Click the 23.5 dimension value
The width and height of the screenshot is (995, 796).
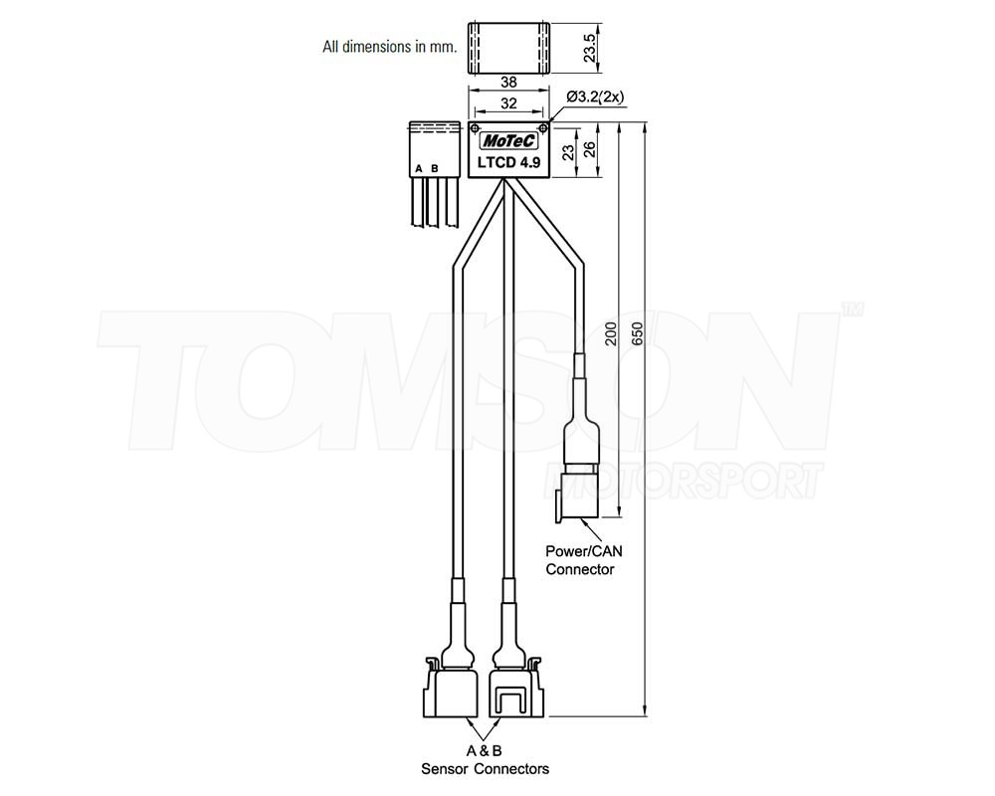tap(589, 49)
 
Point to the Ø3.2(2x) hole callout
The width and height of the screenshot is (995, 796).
tap(594, 97)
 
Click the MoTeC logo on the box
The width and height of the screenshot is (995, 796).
tap(507, 140)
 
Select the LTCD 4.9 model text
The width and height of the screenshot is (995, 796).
tap(508, 162)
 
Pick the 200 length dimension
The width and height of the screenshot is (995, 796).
tap(611, 333)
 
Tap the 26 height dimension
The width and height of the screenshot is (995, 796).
tap(590, 150)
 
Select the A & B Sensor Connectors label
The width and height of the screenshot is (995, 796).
tap(485, 759)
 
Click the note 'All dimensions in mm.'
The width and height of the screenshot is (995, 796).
tap(389, 46)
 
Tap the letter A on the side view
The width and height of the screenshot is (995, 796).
tap(419, 168)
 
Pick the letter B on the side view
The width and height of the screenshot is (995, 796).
tap(434, 168)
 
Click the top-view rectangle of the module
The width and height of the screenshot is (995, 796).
tap(508, 48)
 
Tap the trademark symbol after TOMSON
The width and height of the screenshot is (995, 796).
tap(852, 310)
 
